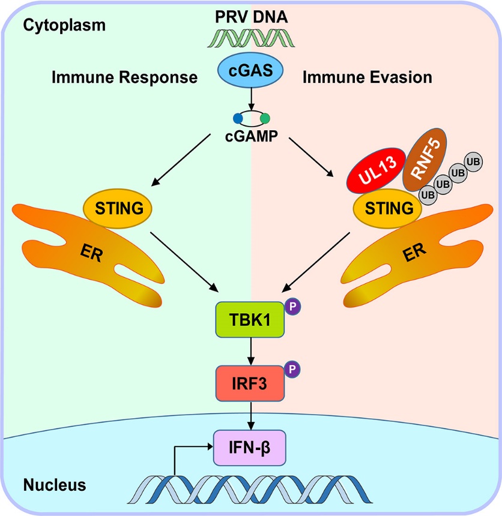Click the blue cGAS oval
tap(251, 71)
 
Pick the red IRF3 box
tap(251, 382)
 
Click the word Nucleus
tap(56, 484)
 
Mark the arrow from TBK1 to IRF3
tap(251, 352)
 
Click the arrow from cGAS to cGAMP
tap(251, 98)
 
